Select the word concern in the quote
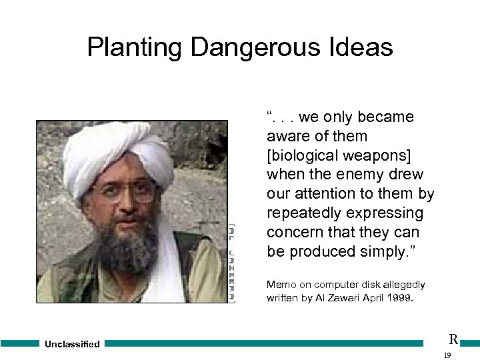click(x=294, y=233)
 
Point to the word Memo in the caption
click(x=280, y=285)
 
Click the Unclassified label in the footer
click(x=72, y=344)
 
